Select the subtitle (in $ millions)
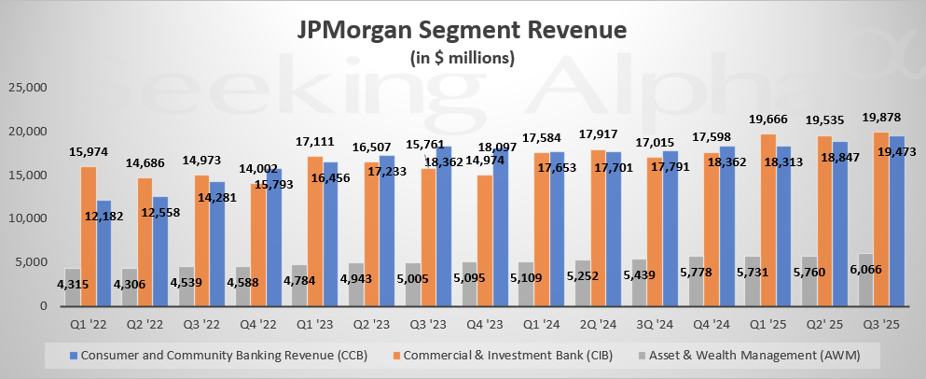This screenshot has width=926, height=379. pos(463,58)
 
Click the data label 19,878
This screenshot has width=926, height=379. pos(881,116)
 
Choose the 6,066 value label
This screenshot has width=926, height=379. pos(864,270)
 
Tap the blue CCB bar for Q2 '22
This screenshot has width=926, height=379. pos(161,251)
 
